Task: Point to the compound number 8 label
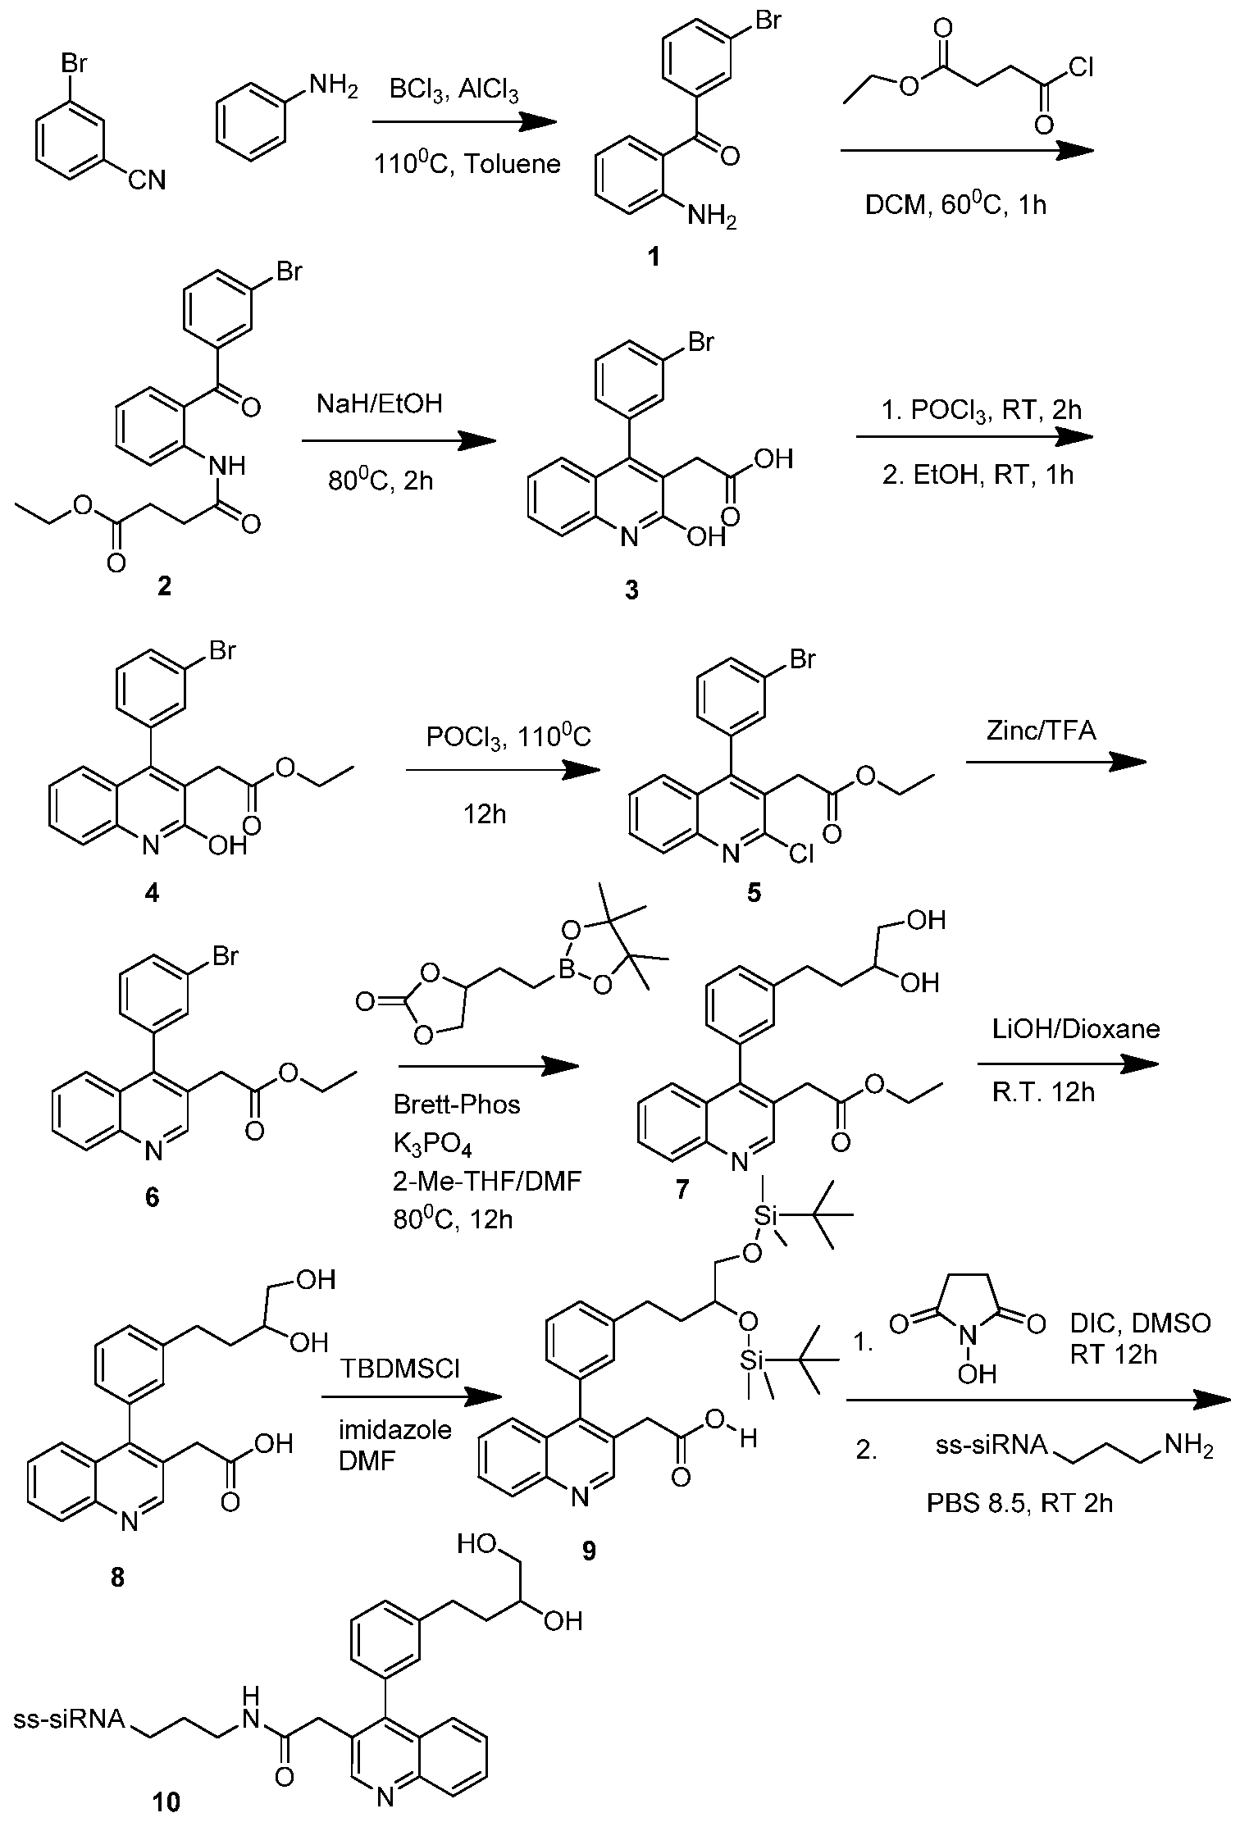pos(117,1577)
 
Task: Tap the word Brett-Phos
pos(457,1105)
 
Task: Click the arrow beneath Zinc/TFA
pos(1056,762)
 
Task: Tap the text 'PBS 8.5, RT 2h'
pos(1020,1503)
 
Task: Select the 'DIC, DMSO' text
pos(1140,1324)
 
